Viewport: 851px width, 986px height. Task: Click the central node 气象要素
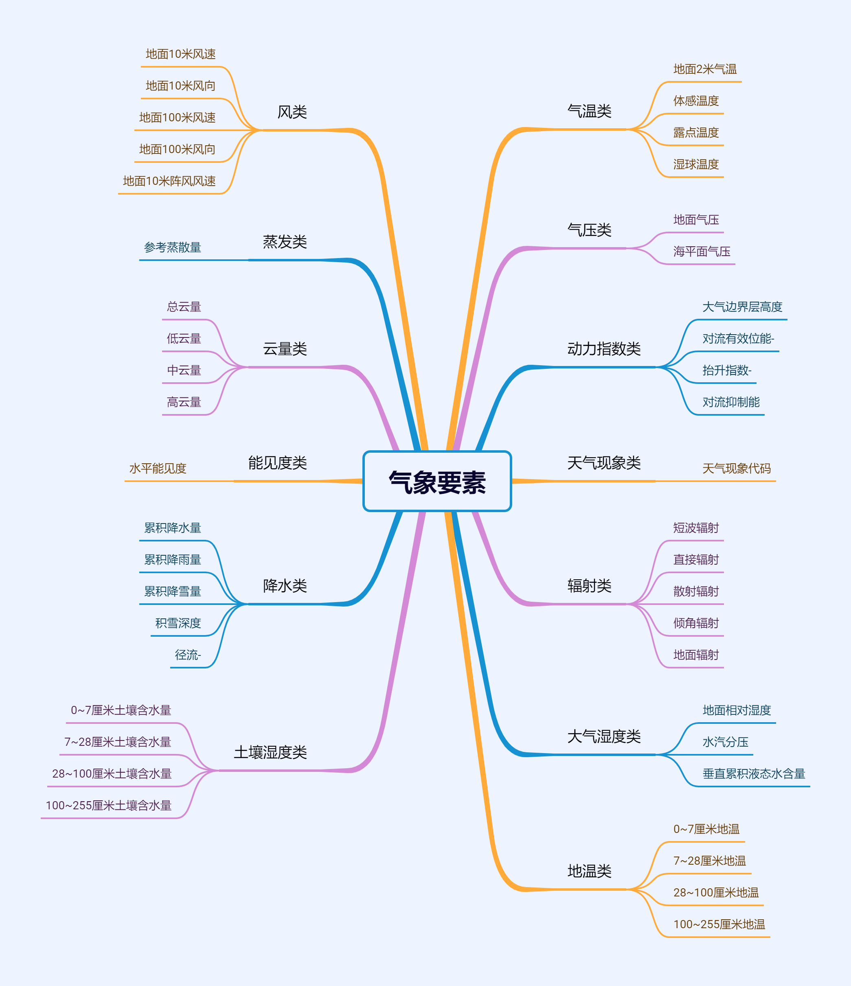click(x=437, y=482)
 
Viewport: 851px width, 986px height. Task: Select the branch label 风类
click(x=292, y=112)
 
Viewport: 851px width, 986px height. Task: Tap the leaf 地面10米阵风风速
click(x=169, y=181)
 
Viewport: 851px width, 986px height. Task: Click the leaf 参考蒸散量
click(x=172, y=248)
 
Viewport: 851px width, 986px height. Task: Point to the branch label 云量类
click(x=285, y=349)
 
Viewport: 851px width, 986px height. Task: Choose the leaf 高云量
click(x=184, y=402)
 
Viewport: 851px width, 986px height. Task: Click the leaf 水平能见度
click(x=158, y=468)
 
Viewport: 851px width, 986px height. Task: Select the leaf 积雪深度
click(x=178, y=623)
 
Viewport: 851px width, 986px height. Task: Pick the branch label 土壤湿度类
click(x=270, y=752)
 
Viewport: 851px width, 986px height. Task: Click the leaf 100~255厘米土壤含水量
click(x=109, y=805)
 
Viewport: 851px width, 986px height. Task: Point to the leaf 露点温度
click(x=695, y=132)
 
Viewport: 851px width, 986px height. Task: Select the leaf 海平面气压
click(x=702, y=251)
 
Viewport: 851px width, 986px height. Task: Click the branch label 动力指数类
click(x=603, y=349)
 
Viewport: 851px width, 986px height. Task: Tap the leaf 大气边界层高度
click(x=742, y=307)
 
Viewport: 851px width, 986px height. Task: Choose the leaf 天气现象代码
click(x=736, y=468)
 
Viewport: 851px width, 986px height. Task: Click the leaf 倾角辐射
click(x=695, y=623)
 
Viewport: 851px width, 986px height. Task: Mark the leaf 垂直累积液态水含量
click(x=753, y=774)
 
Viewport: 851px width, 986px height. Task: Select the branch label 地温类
click(x=589, y=871)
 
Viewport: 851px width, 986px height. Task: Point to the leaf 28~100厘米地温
click(x=716, y=893)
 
